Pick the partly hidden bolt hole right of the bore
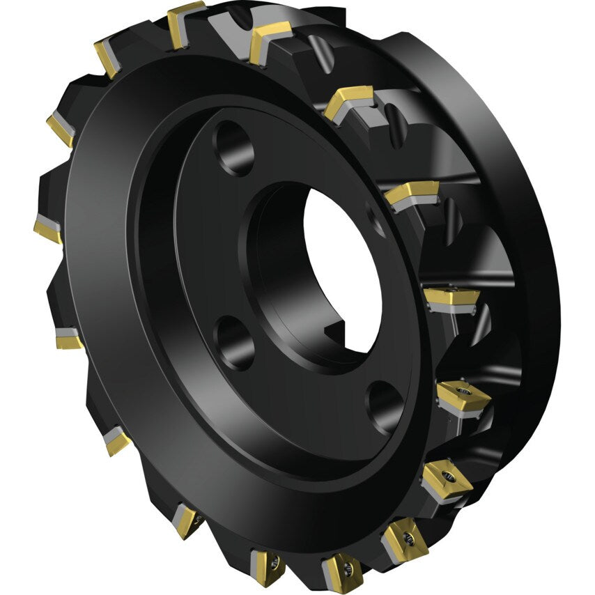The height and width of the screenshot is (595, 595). [377, 222]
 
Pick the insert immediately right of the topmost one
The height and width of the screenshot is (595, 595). [270, 38]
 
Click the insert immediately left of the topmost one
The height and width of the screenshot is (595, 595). [108, 57]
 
